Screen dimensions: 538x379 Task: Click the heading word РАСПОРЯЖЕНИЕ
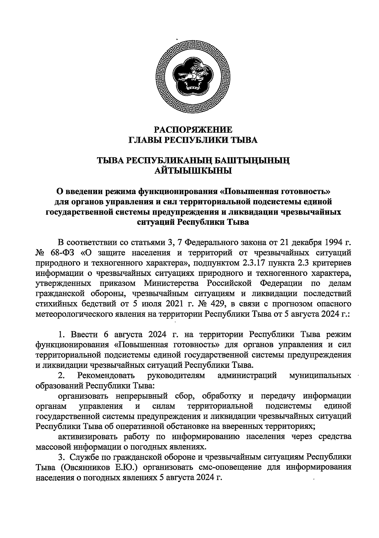coord(193,130)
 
